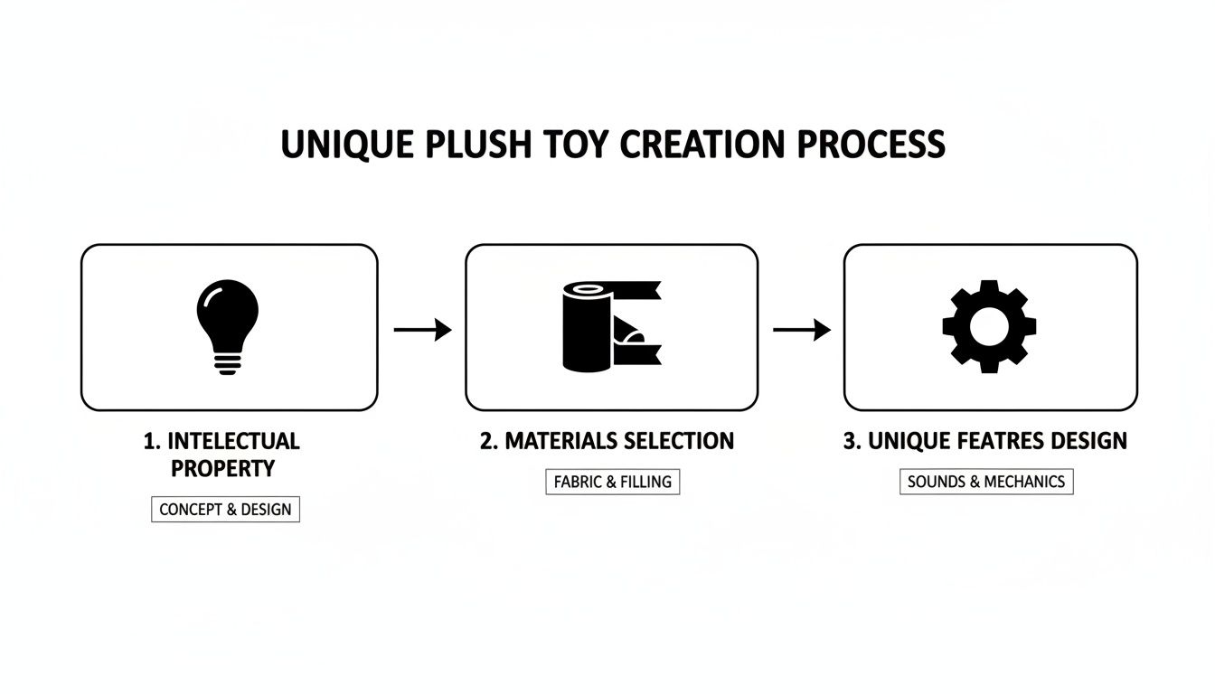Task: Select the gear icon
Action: (x=989, y=326)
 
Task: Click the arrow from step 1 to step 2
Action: (x=422, y=331)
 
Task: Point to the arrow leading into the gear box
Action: (x=801, y=331)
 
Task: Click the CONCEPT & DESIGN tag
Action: (x=225, y=509)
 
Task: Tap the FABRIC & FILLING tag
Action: (x=612, y=482)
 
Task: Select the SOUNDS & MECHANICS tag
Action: (x=985, y=482)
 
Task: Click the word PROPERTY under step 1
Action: (x=222, y=468)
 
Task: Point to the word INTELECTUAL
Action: (x=233, y=442)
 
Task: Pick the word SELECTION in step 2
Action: (x=678, y=441)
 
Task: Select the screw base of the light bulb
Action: (x=227, y=362)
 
